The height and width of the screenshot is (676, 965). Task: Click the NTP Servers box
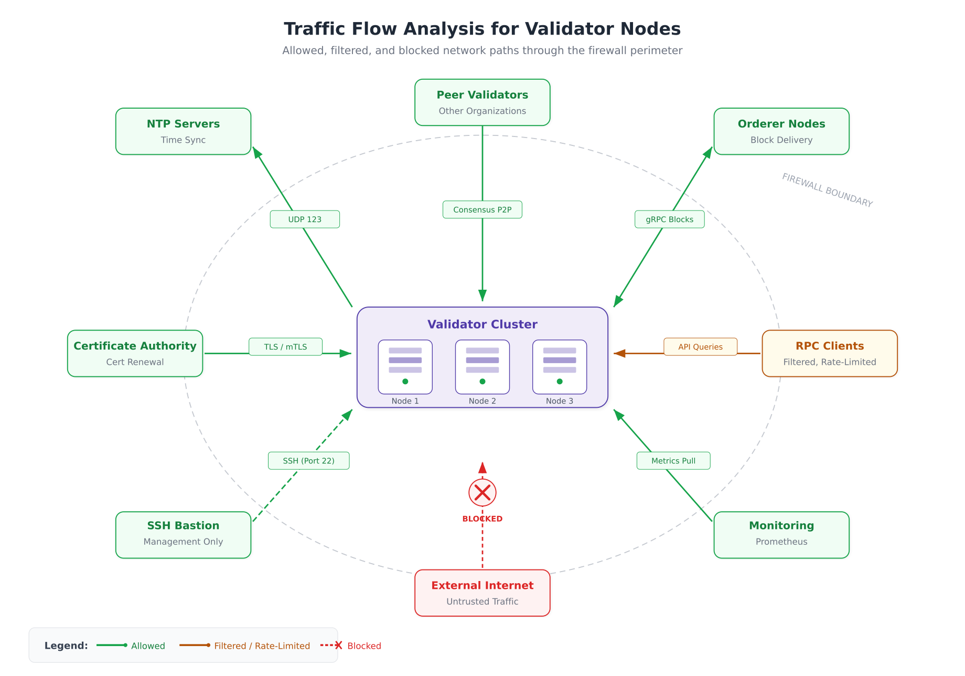(183, 131)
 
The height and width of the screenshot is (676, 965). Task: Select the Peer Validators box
(482, 102)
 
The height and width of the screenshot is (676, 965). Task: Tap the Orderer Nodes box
(781, 131)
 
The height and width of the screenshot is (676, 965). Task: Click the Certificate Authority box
(135, 353)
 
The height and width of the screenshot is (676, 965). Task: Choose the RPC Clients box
(829, 353)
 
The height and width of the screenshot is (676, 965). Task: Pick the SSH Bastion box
(183, 535)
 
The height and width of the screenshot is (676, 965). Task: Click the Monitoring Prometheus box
(781, 535)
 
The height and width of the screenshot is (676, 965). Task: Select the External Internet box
(482, 593)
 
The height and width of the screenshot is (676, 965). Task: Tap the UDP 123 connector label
(305, 219)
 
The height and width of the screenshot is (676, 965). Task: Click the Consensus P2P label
(482, 209)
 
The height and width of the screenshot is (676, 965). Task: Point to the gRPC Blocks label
(669, 219)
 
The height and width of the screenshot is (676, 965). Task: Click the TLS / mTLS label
(285, 347)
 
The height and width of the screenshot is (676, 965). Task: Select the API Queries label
(700, 347)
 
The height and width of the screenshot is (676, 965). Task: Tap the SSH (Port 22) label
(308, 461)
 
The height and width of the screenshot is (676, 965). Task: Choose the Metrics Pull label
(673, 461)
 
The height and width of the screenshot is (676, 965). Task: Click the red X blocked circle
(482, 492)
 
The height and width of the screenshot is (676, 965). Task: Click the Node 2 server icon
(482, 366)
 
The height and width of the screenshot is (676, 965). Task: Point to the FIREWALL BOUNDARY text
(827, 191)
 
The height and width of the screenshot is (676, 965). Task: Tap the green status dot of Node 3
(560, 382)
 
